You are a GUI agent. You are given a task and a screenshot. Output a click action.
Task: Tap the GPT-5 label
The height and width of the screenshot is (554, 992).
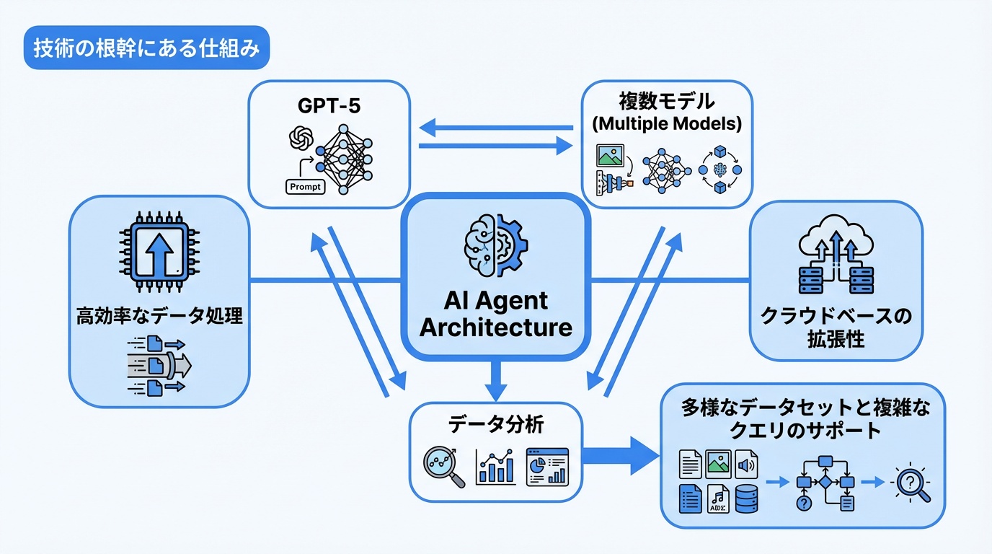(329, 107)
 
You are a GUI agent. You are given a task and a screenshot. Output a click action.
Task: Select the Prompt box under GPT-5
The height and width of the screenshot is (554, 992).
(306, 185)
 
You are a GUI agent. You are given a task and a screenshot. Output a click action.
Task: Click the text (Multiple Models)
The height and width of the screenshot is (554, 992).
(666, 123)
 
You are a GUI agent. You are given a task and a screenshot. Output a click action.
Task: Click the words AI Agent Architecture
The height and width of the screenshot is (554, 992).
(496, 315)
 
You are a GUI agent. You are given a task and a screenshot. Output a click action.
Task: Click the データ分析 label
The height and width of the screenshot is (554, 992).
(496, 425)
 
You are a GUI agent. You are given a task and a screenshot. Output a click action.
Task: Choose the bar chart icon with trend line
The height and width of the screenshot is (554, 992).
(495, 467)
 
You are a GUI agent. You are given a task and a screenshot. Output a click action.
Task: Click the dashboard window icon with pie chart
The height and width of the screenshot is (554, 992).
(547, 467)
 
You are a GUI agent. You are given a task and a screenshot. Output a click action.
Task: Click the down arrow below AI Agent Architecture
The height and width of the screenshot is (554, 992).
(496, 380)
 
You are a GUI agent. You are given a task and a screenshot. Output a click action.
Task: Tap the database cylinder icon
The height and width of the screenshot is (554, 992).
(747, 498)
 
